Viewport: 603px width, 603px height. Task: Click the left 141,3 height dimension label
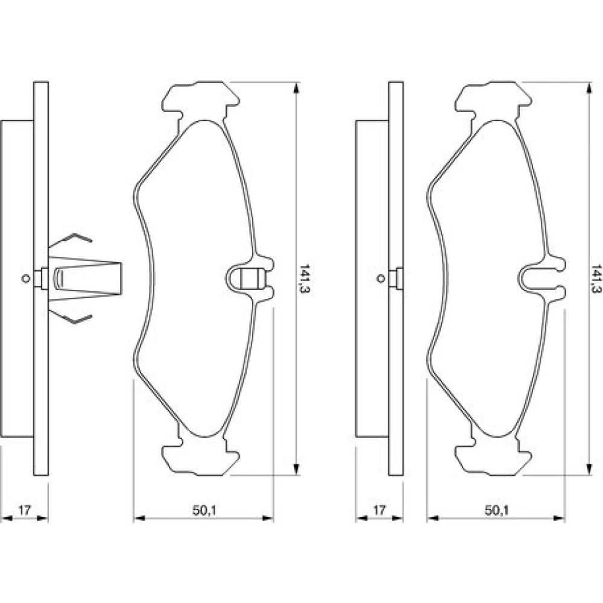click(305, 279)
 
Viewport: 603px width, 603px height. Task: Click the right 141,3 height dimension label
click(597, 279)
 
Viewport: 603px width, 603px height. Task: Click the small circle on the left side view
click(26, 279)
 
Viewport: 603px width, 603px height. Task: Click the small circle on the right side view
click(380, 279)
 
